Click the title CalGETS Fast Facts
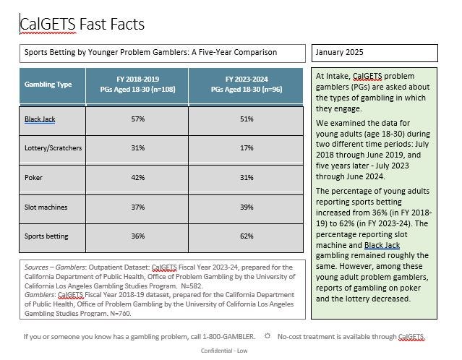click(82, 24)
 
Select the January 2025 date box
click(375, 53)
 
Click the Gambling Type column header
click(48, 85)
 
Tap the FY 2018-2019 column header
click(137, 85)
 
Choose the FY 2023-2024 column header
click(247, 85)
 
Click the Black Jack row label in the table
click(40, 119)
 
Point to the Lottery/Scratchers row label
click(53, 148)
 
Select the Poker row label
click(33, 178)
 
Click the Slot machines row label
click(46, 207)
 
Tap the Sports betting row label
click(46, 236)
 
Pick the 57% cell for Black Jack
click(138, 119)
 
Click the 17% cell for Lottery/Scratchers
click(247, 148)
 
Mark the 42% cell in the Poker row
click(138, 178)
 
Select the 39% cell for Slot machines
click(247, 207)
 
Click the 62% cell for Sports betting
click(247, 236)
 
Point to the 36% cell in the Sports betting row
click(138, 236)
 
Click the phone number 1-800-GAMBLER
click(228, 336)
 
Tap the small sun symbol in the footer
click(268, 336)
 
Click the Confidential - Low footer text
click(224, 351)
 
